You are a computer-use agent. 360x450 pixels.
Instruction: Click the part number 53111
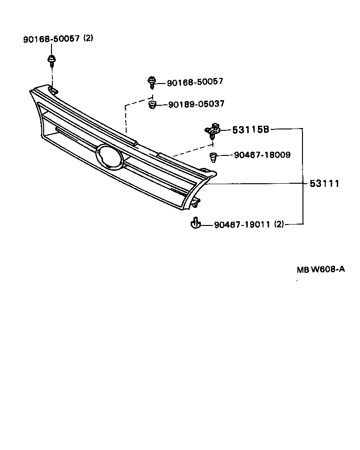[325, 184]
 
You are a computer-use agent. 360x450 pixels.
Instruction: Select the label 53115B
[251, 129]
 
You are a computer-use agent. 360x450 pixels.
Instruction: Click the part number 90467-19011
[242, 225]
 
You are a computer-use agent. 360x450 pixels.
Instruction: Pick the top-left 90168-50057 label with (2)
[51, 39]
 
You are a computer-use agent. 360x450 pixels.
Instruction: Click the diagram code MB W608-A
[321, 269]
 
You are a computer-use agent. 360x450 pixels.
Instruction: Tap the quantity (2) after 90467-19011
[279, 225]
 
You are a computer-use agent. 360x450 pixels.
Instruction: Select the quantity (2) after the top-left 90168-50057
[88, 39]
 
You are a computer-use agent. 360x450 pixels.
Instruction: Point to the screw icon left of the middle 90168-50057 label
[152, 82]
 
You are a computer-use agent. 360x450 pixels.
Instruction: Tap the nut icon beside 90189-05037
[152, 105]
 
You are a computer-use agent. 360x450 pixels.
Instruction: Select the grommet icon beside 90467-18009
[213, 157]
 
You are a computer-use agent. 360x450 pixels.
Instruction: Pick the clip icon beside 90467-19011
[196, 224]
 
